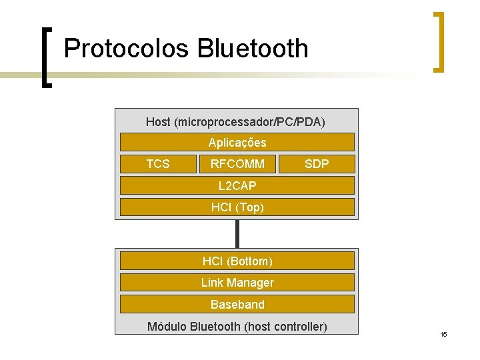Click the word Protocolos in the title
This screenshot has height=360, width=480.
pos(126,49)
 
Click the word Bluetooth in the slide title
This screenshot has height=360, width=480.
pos(253,49)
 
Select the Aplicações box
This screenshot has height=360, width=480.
pos(237,142)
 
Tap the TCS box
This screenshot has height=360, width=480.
pos(157,164)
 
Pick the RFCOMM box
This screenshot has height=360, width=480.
pos(237,164)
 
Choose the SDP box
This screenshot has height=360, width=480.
pos(317,164)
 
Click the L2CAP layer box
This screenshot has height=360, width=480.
pos(237,185)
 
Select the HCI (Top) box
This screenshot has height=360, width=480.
pos(237,207)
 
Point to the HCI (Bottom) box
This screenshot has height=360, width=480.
pos(237,261)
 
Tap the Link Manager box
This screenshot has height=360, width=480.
pos(237,283)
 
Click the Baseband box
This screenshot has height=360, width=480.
pos(237,305)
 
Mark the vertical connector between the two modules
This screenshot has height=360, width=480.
pos(237,233)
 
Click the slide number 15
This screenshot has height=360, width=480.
pos(443,334)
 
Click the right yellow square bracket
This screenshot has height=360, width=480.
pos(439,41)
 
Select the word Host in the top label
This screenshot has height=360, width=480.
pos(158,122)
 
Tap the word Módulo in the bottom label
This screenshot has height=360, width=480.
pos(167,327)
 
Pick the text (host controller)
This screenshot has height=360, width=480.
pos(285,327)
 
